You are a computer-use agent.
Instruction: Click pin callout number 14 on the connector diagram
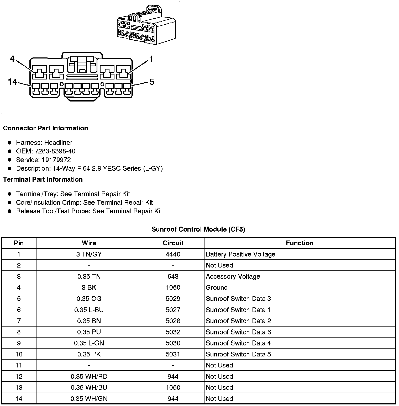pyautogui.click(x=12, y=82)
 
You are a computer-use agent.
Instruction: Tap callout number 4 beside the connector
pyautogui.click(x=12, y=59)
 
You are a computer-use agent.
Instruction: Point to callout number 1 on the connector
pyautogui.click(x=151, y=59)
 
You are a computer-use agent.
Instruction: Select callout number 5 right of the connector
pyautogui.click(x=152, y=82)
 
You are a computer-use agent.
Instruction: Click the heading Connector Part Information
pyautogui.click(x=45, y=128)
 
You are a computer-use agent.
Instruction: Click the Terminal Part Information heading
pyautogui.click(x=43, y=179)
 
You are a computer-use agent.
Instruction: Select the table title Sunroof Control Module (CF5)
pyautogui.click(x=198, y=229)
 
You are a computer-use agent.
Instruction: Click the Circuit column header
pyautogui.click(x=173, y=243)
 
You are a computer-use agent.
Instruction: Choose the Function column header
pyautogui.click(x=300, y=243)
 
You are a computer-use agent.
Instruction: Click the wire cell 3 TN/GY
pyautogui.click(x=89, y=254)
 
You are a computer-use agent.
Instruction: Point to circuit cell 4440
pyautogui.click(x=173, y=254)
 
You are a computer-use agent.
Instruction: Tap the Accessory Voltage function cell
pyautogui.click(x=233, y=276)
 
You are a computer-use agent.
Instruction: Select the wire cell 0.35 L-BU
pyautogui.click(x=89, y=310)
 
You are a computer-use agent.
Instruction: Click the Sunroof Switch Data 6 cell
pyautogui.click(x=238, y=332)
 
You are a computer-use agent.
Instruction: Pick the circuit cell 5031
pyautogui.click(x=173, y=354)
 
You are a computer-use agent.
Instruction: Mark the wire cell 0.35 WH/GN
pyautogui.click(x=89, y=399)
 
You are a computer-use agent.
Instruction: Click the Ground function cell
pyautogui.click(x=217, y=287)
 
